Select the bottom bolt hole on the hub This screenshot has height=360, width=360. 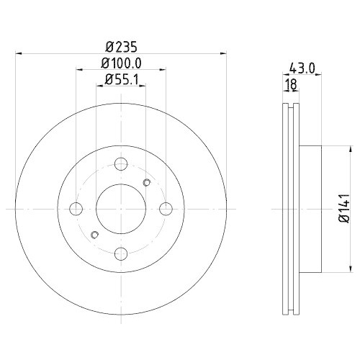tap(121, 253)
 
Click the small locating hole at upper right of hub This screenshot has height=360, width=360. tap(146, 181)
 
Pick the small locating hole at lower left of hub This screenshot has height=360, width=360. tap(94, 235)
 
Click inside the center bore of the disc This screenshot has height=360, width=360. tap(121, 210)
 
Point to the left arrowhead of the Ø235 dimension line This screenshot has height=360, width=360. tap(19, 53)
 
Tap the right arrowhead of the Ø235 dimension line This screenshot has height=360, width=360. tap(221, 53)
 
